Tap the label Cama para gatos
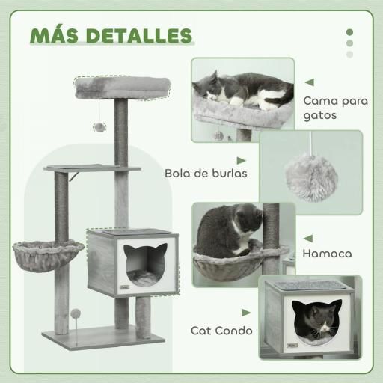330,108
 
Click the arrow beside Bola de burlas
242,160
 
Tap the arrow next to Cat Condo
246,313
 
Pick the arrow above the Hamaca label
307,238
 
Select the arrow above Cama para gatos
309,82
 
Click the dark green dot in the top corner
349,32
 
